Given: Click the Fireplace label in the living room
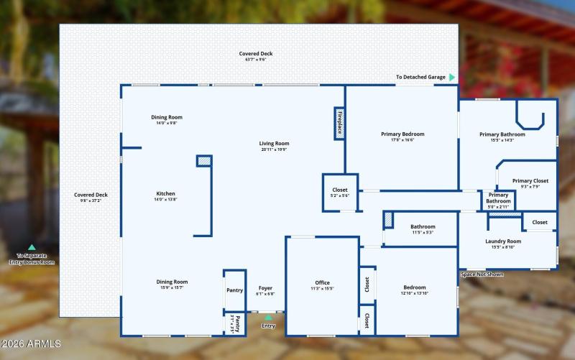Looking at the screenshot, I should click(340, 122).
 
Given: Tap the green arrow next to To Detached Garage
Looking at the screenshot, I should click(452, 77).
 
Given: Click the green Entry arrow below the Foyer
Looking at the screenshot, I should click(269, 317).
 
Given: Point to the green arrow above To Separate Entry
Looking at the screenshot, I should click(32, 247).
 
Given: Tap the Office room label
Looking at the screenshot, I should click(322, 285).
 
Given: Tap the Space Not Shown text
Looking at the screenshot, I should click(482, 274).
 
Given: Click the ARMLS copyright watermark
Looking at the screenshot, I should click(32, 344).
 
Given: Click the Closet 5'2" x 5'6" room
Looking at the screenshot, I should click(340, 192).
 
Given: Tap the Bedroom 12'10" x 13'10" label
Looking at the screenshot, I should click(415, 290).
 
